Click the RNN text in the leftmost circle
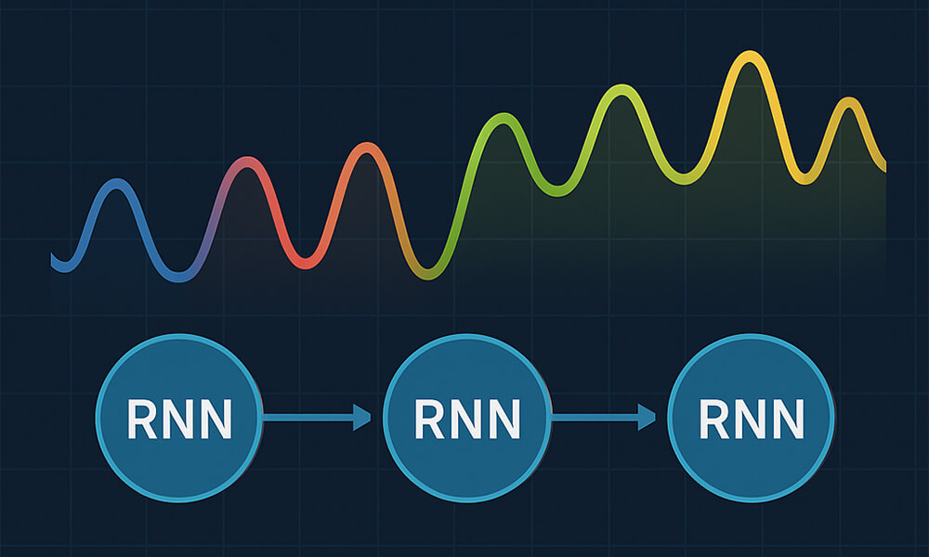pos(179,420)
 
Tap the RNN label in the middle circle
pos(466,420)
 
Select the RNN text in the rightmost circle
pos(752,420)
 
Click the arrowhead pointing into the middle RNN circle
pos(361,419)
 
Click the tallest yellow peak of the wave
pos(747,58)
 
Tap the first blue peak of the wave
pos(115,184)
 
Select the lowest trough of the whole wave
pos(426,273)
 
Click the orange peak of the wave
pos(368,149)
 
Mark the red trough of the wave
pos(306,263)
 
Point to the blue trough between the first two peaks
pos(177,275)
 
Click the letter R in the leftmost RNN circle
pos(141,420)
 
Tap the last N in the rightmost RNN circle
pos(786,420)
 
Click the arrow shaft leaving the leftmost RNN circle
pos(307,419)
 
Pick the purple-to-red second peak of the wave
pos(243,162)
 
